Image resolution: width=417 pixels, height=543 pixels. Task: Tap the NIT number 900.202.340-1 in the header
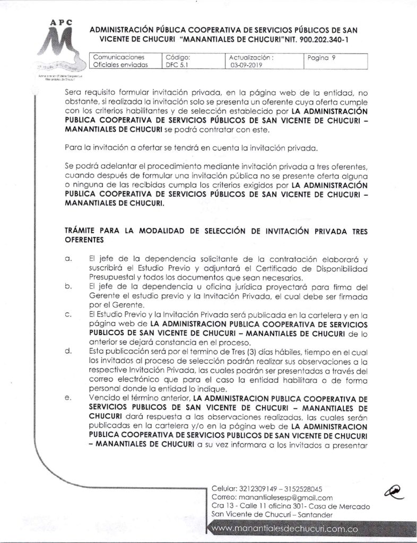coord(322,40)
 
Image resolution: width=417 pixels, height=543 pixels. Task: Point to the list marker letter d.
coord(68,351)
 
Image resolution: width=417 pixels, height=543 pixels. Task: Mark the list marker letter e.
coord(68,397)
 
